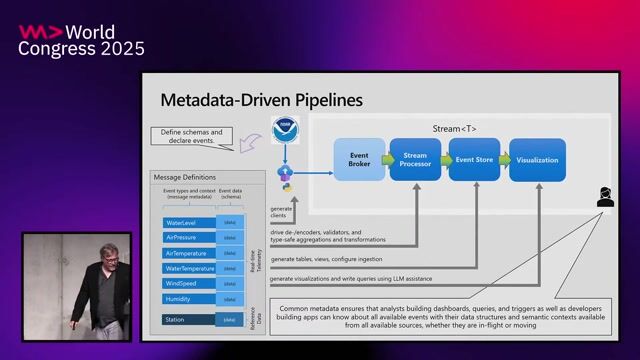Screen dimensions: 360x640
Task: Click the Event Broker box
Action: (359, 160)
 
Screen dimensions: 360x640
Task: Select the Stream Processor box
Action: (415, 160)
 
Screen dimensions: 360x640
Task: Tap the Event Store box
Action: (474, 160)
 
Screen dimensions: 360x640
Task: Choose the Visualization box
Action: (537, 160)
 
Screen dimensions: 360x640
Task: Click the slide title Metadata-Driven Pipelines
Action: (262, 100)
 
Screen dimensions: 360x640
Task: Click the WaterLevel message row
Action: (190, 222)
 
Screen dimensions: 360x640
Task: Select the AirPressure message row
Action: (190, 238)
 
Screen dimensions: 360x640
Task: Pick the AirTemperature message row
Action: (190, 253)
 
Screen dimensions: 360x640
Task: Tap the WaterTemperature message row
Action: (190, 268)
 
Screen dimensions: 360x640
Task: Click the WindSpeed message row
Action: (190, 284)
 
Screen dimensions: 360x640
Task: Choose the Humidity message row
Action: (190, 299)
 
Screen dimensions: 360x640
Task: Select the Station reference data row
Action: (190, 320)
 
